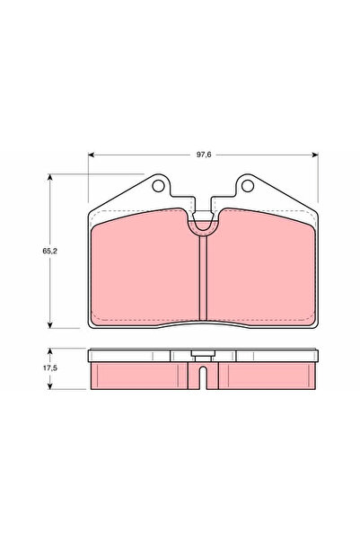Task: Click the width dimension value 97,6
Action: [x=206, y=155]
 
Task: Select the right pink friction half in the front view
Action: [x=264, y=270]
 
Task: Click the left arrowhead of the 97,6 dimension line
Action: [x=91, y=155]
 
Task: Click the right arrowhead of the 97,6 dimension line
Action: [x=320, y=155]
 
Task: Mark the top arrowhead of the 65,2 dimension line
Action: [x=49, y=178]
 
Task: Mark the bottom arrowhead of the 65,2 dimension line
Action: [x=49, y=325]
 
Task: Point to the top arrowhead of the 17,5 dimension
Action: [x=49, y=351]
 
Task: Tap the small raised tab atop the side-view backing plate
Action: [x=205, y=354]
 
